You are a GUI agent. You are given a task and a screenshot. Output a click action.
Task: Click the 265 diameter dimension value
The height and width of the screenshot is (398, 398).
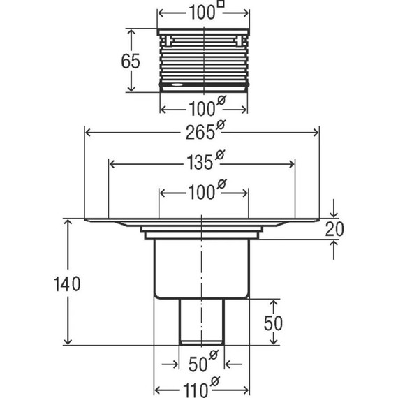[200, 132]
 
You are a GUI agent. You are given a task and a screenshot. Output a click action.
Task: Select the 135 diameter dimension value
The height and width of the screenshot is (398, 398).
[200, 163]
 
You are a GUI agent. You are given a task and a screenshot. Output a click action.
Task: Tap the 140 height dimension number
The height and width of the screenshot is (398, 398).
[67, 283]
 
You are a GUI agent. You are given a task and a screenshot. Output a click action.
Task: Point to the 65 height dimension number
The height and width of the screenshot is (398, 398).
[131, 61]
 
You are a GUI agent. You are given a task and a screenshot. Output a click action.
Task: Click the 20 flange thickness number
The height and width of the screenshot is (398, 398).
[334, 229]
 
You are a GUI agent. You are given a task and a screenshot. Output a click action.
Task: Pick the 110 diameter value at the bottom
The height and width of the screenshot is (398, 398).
[196, 390]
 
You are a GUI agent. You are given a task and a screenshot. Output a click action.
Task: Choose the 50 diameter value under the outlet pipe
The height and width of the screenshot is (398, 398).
[198, 364]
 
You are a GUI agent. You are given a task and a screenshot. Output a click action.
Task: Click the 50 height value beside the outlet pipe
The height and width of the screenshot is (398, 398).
[273, 323]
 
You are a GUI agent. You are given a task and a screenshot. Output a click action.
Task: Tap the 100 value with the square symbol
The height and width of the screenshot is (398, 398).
[202, 13]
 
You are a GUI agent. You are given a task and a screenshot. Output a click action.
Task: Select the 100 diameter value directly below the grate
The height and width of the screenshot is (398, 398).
[202, 110]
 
